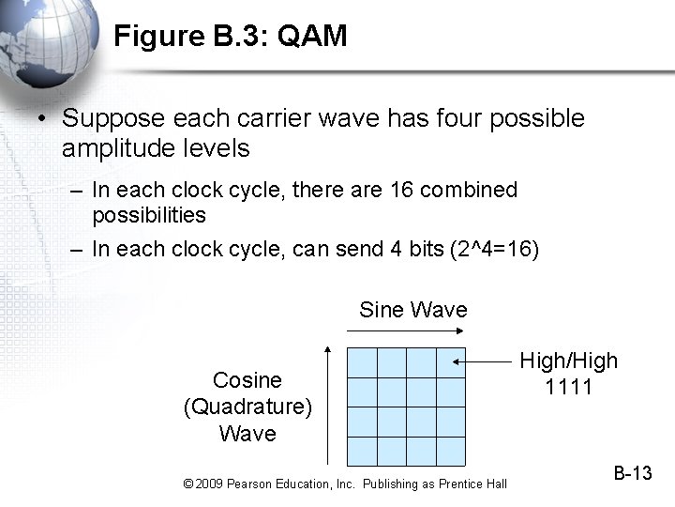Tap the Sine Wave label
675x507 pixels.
tap(412, 310)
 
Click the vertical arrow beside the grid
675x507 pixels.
tap(327, 405)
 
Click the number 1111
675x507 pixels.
tap(569, 386)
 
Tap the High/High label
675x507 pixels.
tap(569, 361)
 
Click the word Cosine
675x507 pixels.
tap(247, 380)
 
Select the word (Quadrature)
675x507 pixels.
tap(247, 407)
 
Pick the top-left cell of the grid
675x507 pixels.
tap(362, 362)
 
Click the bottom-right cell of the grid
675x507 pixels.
tap(450, 450)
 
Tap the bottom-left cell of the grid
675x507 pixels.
tap(362, 450)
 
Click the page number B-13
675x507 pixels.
tap(633, 473)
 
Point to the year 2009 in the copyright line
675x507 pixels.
tap(210, 484)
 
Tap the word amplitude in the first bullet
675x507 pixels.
tap(107, 147)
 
